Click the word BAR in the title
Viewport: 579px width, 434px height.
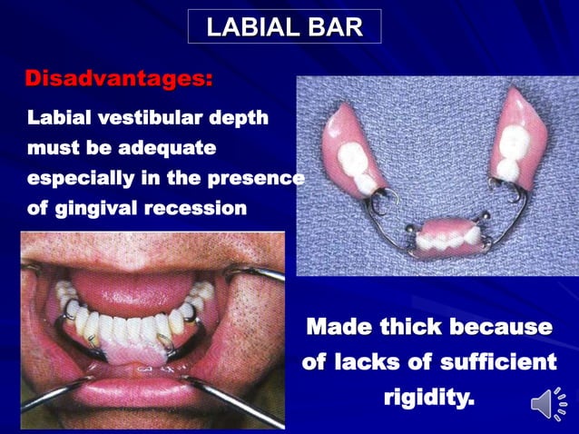tap(332, 26)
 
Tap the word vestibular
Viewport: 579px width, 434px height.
tap(146, 118)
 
